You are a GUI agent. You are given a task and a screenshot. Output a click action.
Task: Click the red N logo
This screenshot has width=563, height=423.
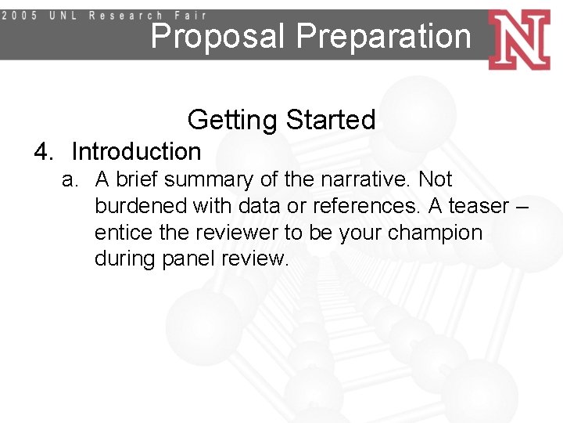[x=518, y=39]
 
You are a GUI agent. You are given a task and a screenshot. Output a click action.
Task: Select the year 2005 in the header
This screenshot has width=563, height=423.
[x=23, y=16]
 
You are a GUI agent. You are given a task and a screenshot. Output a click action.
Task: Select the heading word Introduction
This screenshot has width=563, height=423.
[x=136, y=151]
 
